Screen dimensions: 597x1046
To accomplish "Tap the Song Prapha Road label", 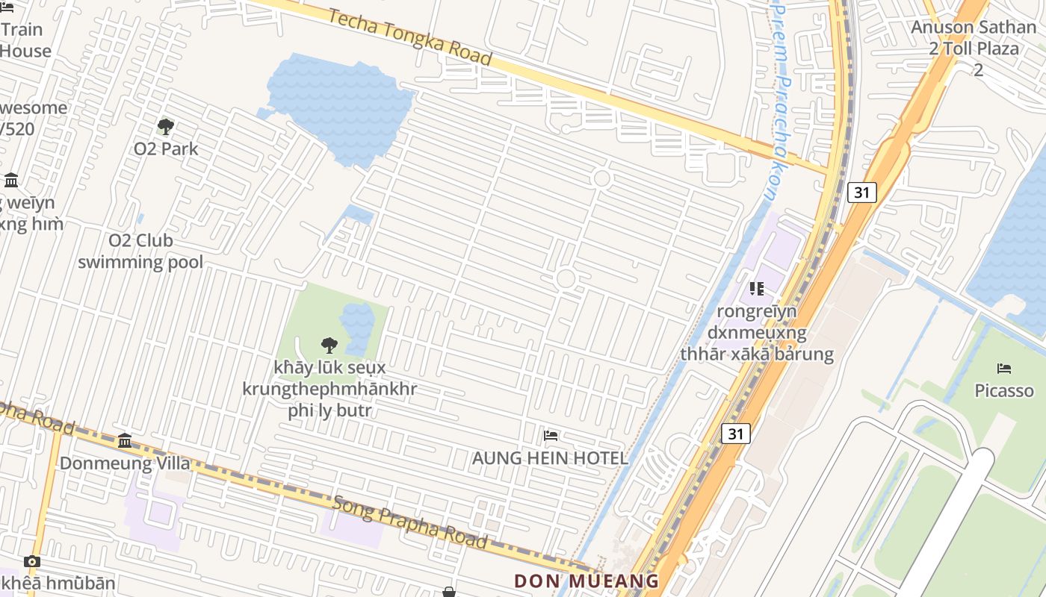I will [x=409, y=521].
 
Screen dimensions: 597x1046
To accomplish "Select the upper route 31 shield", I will [x=862, y=193].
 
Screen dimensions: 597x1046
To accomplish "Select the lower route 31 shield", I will [x=735, y=434].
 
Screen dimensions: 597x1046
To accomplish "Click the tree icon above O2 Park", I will [x=166, y=127].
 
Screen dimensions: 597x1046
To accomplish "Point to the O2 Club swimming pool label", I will [x=140, y=251].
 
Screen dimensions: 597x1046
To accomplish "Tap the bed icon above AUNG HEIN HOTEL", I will [x=551, y=436].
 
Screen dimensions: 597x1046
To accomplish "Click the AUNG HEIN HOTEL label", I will [x=550, y=458].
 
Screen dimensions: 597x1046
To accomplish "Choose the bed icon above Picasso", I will [x=1004, y=369].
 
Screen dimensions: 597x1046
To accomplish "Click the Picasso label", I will [x=1004, y=390].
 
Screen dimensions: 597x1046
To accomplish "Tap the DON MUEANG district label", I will [x=587, y=581].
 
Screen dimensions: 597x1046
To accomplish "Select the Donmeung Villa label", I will [x=125, y=463].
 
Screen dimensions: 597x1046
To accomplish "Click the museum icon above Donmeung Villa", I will [x=125, y=441].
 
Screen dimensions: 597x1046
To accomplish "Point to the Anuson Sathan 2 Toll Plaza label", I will [x=974, y=49].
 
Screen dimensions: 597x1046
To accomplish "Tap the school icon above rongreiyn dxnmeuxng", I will [x=756, y=289].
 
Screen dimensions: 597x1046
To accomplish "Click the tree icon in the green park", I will [x=328, y=346].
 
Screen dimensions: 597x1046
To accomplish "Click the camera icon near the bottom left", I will [x=31, y=561].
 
